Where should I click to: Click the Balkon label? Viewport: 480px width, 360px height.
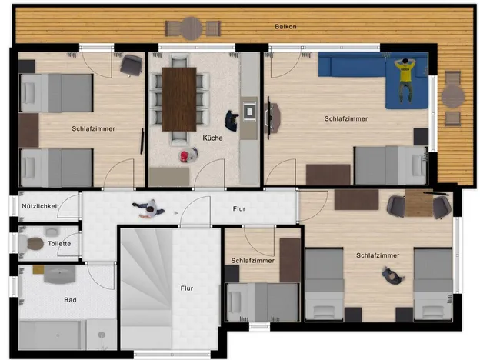[x=285, y=27]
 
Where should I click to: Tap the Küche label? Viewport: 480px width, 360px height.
[x=212, y=138]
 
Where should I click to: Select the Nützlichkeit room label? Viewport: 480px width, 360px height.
[x=41, y=206]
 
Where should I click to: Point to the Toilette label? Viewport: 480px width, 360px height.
[x=59, y=244]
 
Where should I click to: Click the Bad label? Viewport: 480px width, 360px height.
[x=70, y=300]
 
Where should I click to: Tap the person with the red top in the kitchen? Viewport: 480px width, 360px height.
[x=188, y=155]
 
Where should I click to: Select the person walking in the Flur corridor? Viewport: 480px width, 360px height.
[x=149, y=208]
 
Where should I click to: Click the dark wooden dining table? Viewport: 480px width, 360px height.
[x=179, y=99]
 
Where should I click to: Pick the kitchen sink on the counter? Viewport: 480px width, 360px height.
[x=249, y=112]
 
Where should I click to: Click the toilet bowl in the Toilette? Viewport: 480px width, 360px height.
[x=35, y=244]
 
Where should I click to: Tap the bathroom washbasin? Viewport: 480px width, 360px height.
[x=59, y=274]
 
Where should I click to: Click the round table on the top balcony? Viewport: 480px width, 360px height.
[x=191, y=28]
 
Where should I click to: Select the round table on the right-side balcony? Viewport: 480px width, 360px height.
[x=453, y=96]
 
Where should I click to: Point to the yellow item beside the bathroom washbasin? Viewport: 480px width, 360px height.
[x=38, y=269]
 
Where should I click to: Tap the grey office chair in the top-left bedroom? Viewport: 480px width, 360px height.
[x=132, y=65]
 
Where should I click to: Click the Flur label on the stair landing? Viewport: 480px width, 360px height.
[x=187, y=288]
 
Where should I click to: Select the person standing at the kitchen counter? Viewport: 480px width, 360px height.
[x=232, y=121]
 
